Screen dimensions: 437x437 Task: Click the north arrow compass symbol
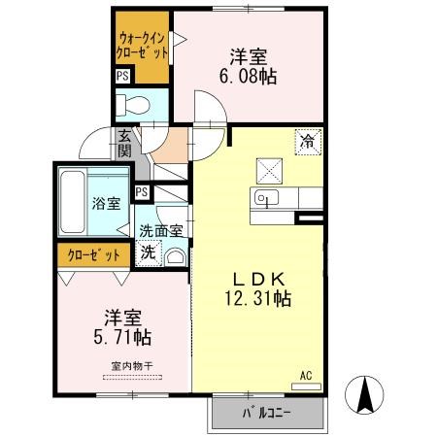[364, 395]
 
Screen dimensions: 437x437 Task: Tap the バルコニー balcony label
[267, 413]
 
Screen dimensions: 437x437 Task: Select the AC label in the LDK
[306, 376]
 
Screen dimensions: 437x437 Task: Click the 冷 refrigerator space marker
[308, 142]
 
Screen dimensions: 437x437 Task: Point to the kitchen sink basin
[266, 197]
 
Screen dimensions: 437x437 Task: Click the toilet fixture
[132, 105]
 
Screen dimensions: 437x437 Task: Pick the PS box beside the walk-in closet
[122, 77]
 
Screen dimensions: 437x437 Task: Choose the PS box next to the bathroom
[142, 192]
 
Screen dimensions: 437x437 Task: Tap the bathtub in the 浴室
[73, 202]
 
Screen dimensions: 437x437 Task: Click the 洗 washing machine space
[149, 252]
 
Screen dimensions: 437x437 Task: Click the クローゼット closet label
[94, 255]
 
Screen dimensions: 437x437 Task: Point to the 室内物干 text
[132, 366]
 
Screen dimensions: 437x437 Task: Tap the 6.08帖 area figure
[248, 77]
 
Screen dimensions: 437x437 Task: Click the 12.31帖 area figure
[258, 298]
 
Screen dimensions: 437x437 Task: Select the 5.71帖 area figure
[122, 337]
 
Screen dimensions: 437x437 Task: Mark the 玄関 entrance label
[124, 143]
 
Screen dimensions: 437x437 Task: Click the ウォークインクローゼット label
[143, 46]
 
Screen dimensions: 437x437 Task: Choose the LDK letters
[259, 279]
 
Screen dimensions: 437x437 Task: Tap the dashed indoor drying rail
[132, 377]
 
